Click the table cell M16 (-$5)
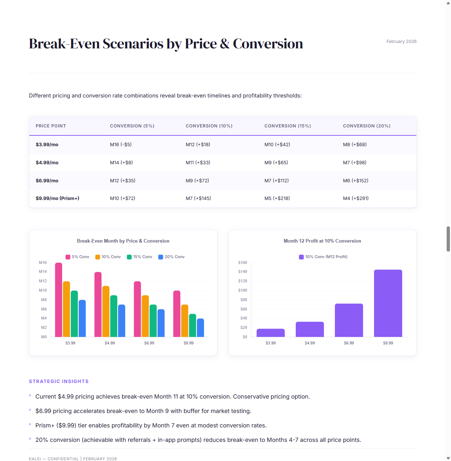click(121, 144)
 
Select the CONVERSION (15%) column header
click(287, 126)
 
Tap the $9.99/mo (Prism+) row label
click(57, 198)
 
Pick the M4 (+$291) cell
click(356, 198)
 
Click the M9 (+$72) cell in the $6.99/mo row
click(197, 181)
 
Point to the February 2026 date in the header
click(401, 42)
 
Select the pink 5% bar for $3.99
click(58, 300)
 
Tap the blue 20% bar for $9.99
click(200, 328)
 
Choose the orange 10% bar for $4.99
click(106, 311)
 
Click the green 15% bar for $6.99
click(153, 321)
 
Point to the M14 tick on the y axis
click(43, 271)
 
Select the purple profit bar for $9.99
click(388, 303)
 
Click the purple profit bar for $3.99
click(270, 333)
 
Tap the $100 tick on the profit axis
click(243, 290)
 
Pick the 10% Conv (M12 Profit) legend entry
click(323, 257)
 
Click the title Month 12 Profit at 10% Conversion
click(322, 241)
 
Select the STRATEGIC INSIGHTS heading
click(59, 381)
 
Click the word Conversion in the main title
click(268, 44)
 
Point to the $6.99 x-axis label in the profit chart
click(349, 343)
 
